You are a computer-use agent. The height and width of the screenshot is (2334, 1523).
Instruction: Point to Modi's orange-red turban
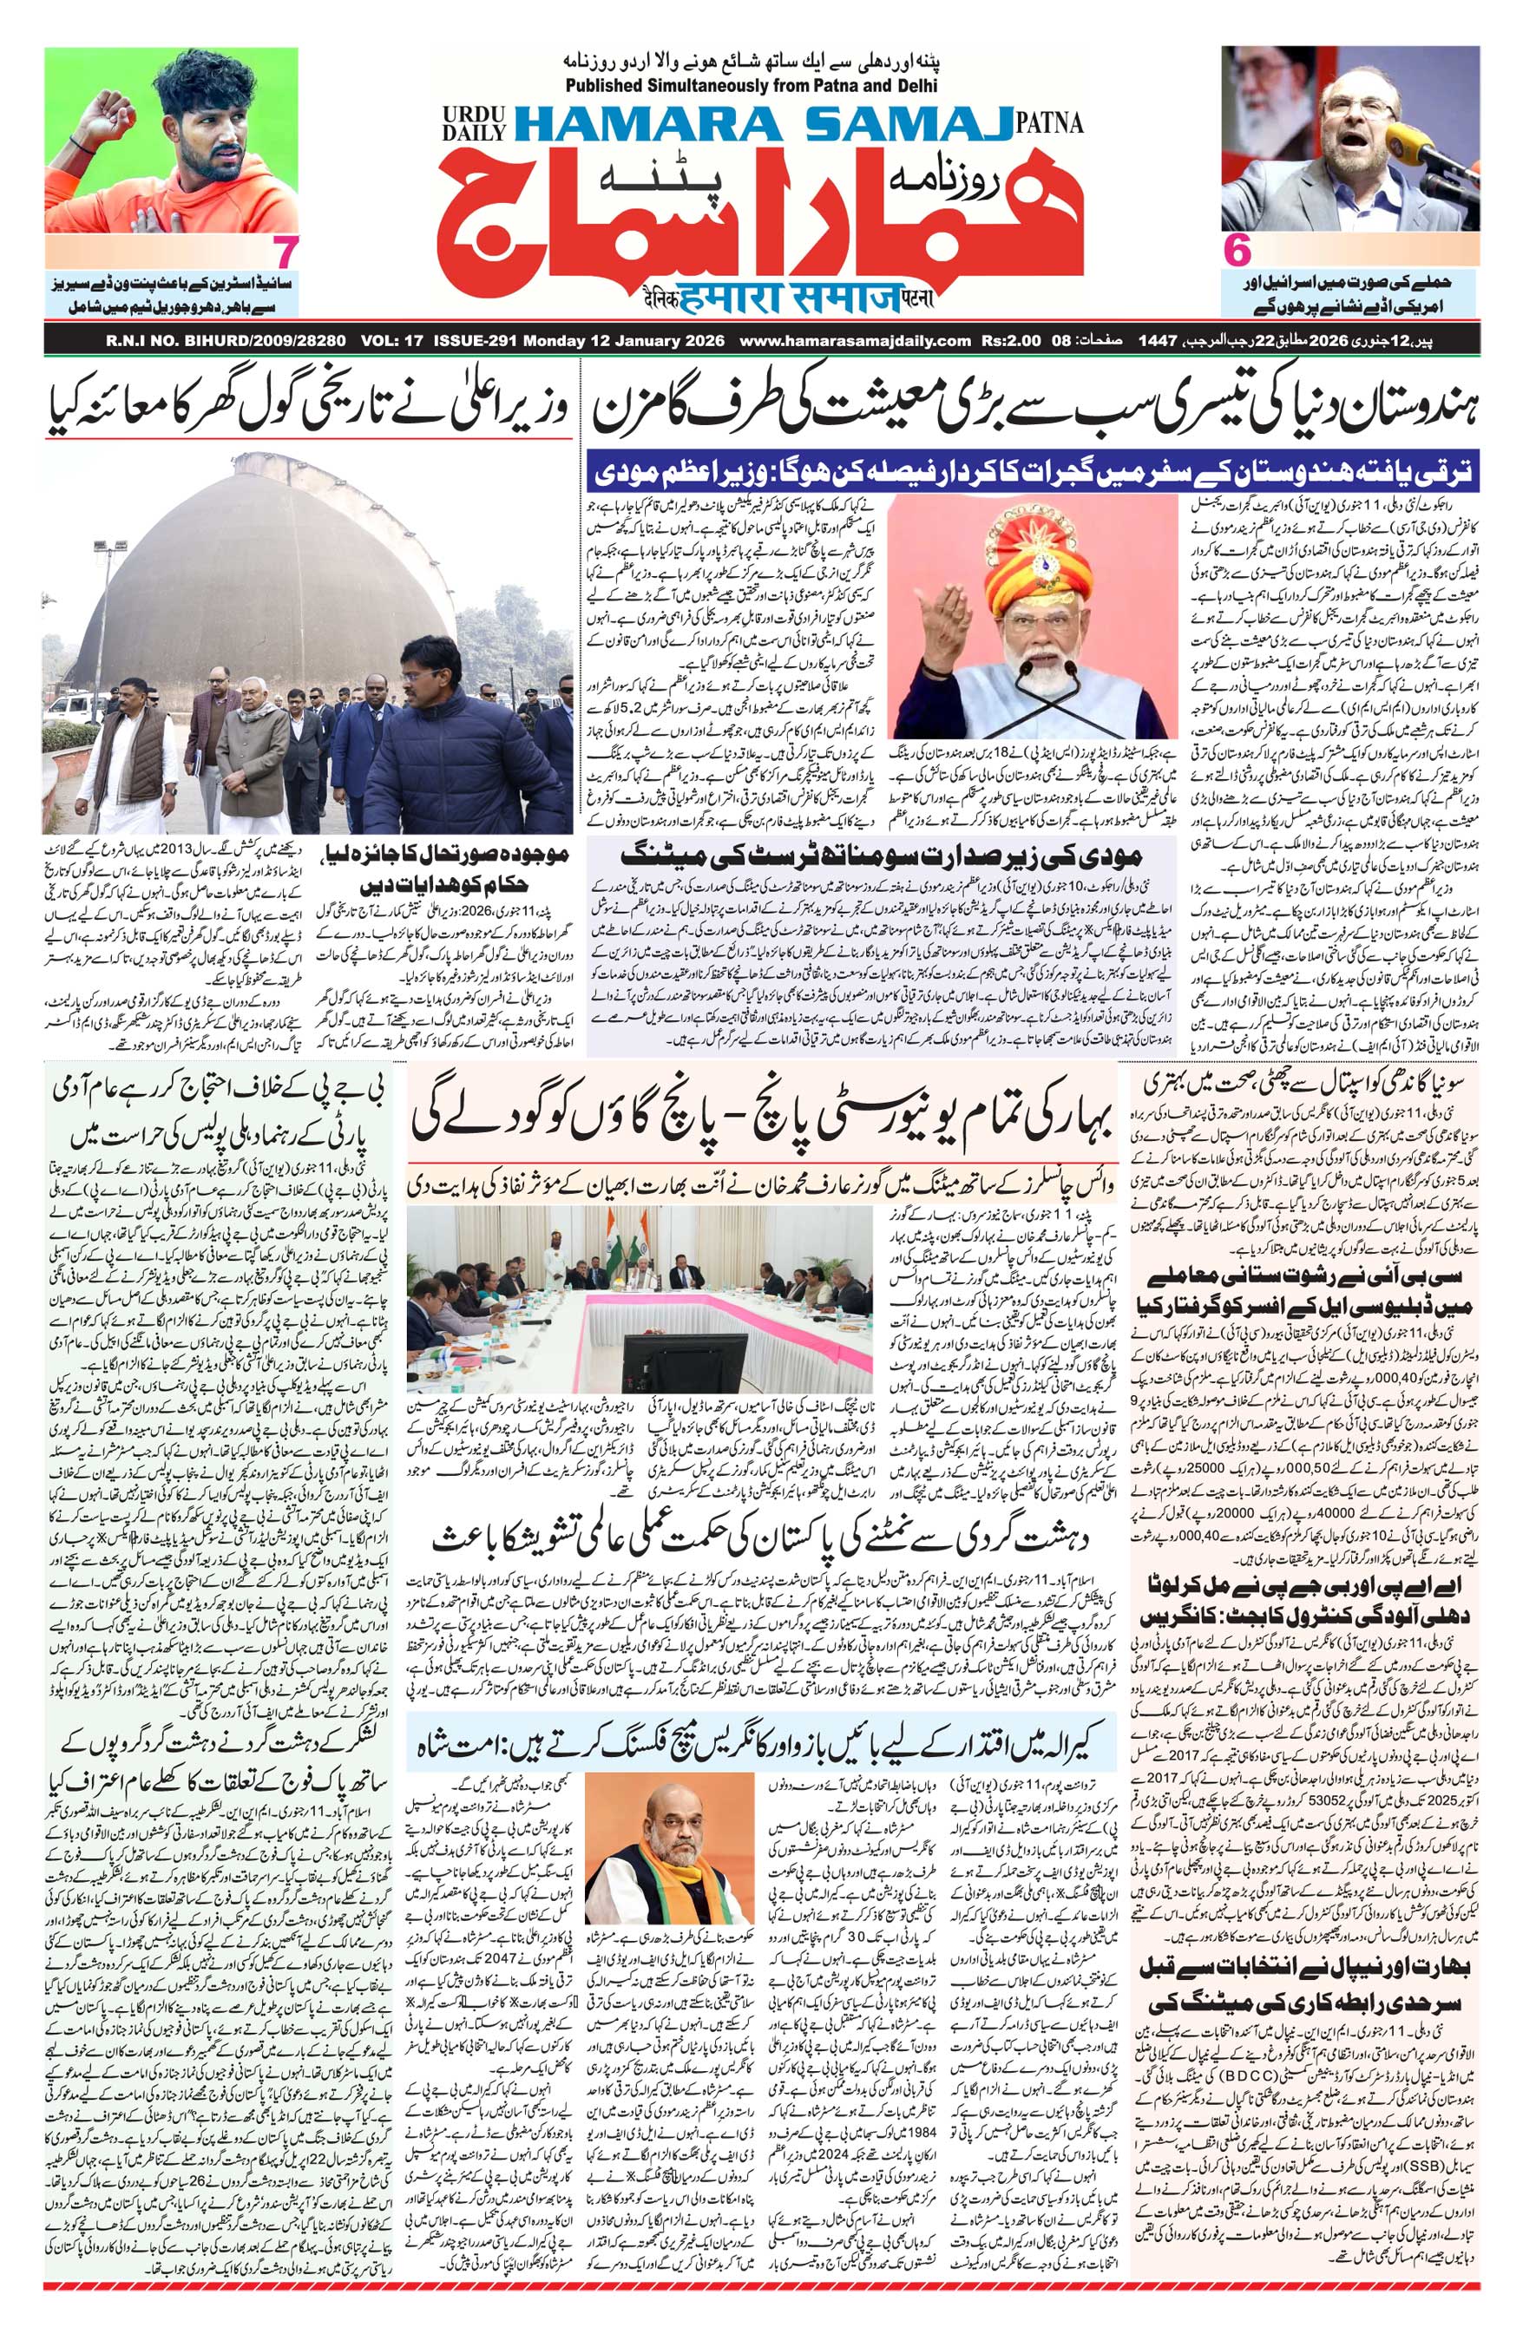(1034, 544)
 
